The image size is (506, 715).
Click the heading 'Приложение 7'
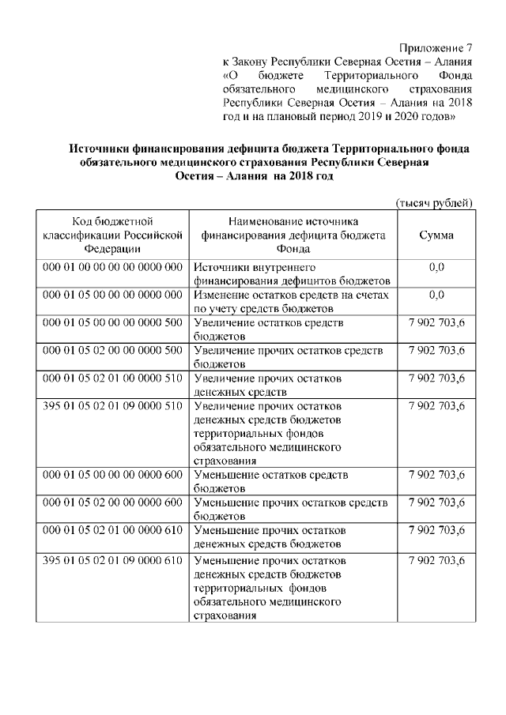pyautogui.click(x=436, y=49)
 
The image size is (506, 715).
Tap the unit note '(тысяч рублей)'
pyautogui.click(x=434, y=203)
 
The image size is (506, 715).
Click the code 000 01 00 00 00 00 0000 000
pyautogui.click(x=112, y=267)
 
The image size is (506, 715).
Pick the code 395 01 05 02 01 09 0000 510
pyautogui.click(x=112, y=406)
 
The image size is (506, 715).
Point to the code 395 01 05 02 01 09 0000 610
pyautogui.click(x=112, y=560)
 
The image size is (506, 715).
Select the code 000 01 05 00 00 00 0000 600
pyautogui.click(x=112, y=475)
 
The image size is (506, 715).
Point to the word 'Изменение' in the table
pyautogui.click(x=221, y=295)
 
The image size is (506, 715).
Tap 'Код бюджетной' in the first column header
pyautogui.click(x=112, y=220)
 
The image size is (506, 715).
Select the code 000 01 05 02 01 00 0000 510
pyautogui.click(x=112, y=378)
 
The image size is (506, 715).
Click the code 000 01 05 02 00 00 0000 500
pyautogui.click(x=112, y=351)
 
